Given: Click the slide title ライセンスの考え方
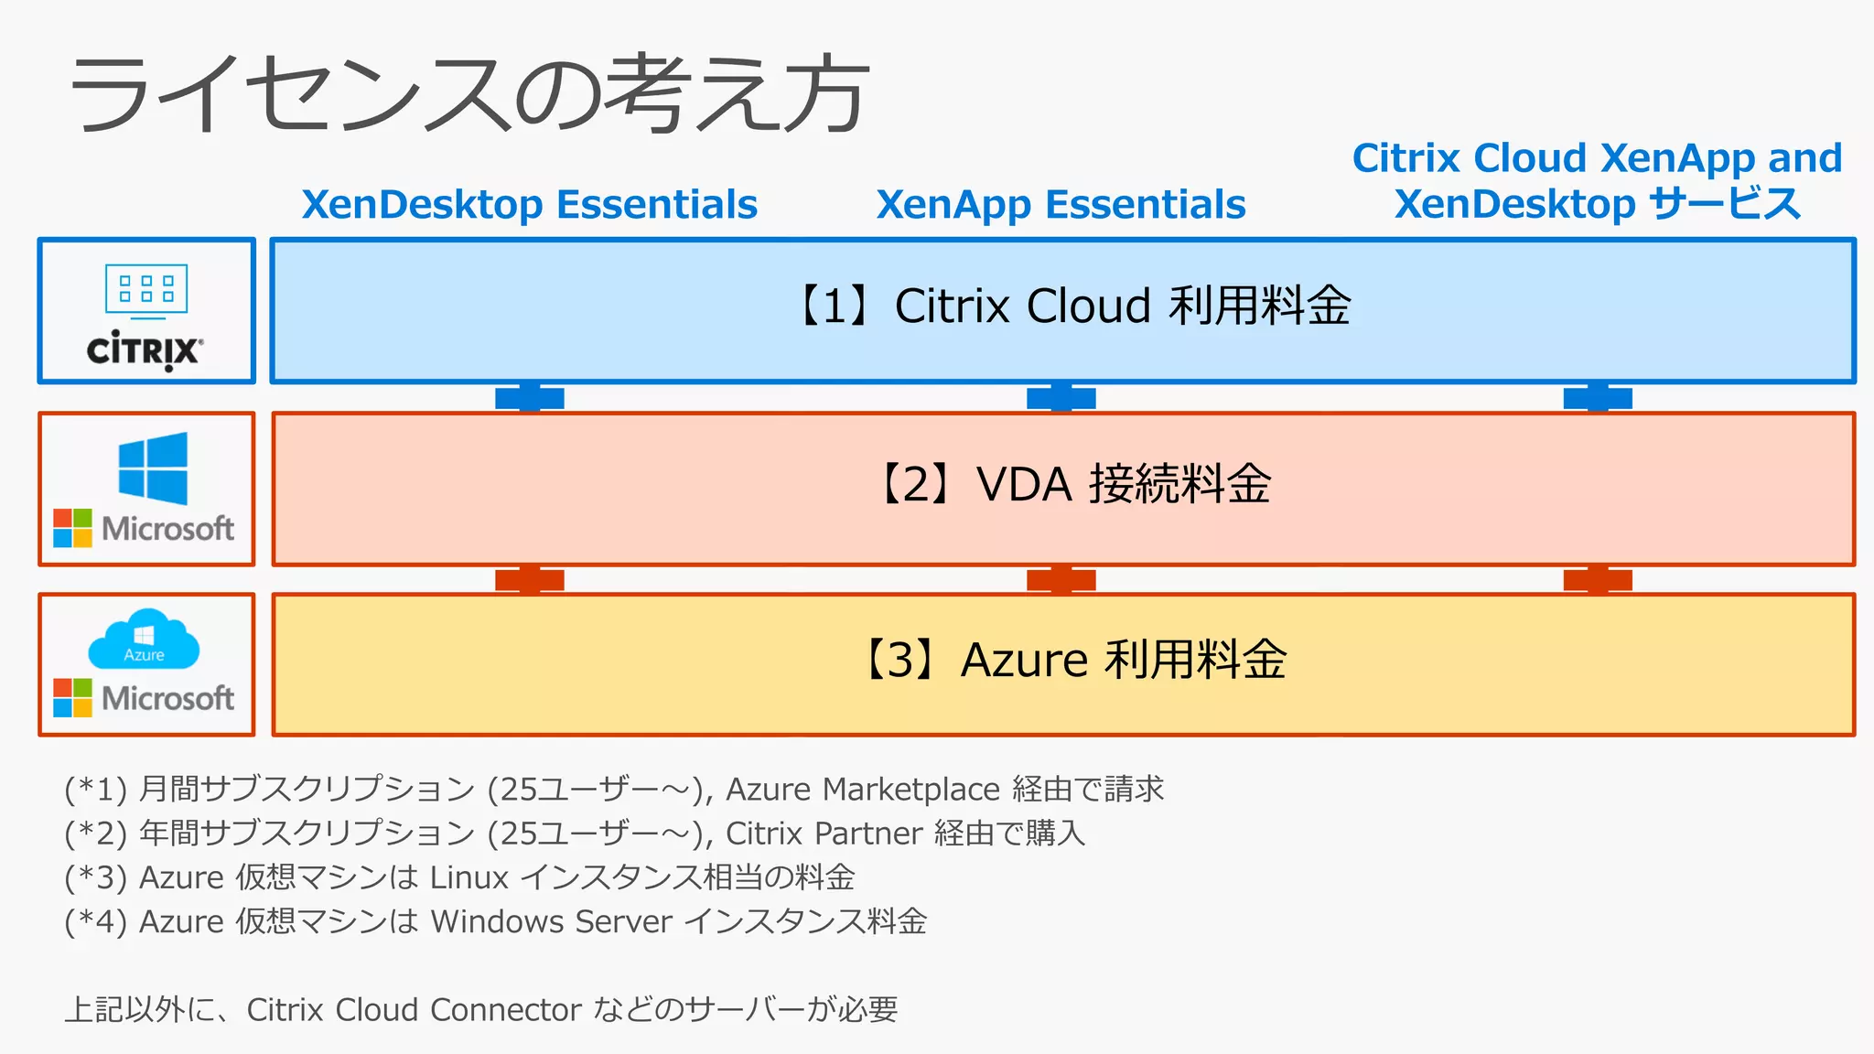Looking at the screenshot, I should [468, 93].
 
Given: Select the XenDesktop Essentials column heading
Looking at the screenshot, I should [529, 204].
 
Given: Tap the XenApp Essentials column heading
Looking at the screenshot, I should [1061, 204].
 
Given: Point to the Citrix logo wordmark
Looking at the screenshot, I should [145, 350].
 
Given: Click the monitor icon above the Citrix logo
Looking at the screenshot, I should [146, 291].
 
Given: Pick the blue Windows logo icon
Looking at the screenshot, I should [153, 468].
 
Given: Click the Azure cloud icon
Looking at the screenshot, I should [144, 640].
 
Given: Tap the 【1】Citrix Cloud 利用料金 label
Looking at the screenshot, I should [1071, 306].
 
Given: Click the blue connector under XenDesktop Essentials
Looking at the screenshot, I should [529, 398].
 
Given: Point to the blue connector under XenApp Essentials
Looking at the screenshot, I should [1061, 398].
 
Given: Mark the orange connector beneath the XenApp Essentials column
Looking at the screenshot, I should [1061, 580].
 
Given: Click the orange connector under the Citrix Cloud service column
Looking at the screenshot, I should [1598, 580].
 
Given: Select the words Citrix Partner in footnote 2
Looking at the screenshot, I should [824, 834].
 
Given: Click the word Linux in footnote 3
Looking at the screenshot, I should [468, 877].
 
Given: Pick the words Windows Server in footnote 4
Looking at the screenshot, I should [551, 921].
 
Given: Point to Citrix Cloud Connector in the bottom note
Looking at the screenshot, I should [414, 1009].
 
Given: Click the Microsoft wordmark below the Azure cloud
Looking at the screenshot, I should [167, 698].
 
